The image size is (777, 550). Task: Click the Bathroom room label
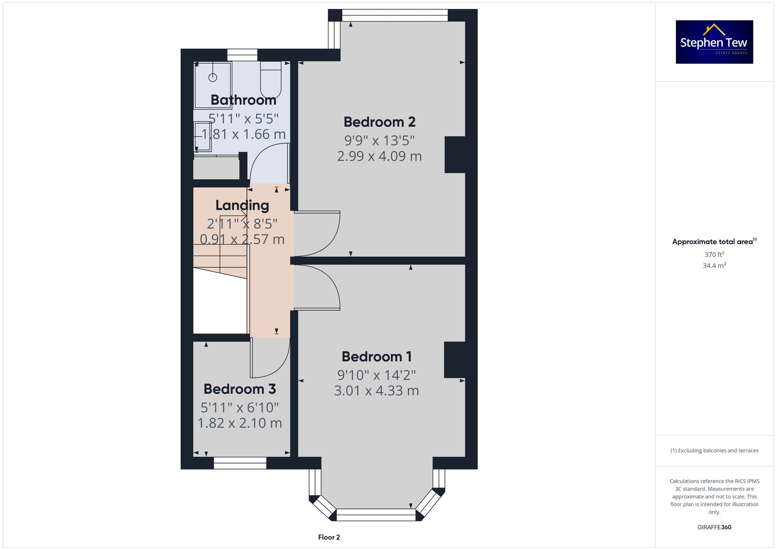(x=243, y=100)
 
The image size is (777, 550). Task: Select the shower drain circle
(x=213, y=77)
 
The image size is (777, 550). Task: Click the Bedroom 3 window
(x=240, y=463)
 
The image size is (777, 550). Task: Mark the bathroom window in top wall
(x=242, y=55)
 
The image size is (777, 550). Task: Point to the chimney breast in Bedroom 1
(x=455, y=360)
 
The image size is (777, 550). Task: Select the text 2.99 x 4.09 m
(x=379, y=156)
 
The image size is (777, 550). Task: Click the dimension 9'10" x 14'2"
(x=376, y=375)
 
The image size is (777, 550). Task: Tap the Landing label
(x=242, y=205)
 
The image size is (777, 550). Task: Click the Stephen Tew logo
(x=714, y=42)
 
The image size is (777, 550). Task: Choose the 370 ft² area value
(x=714, y=255)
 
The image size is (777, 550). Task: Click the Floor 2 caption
(x=329, y=537)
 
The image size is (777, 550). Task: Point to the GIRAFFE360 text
(x=714, y=527)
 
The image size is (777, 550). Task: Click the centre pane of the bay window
(x=376, y=515)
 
